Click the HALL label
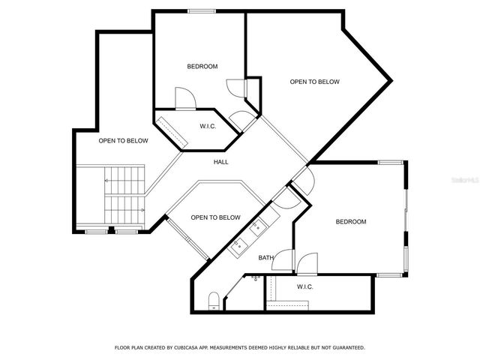click(x=221, y=162)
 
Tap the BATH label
click(x=266, y=258)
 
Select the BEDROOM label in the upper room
click(x=202, y=67)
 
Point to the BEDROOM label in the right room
click(x=350, y=221)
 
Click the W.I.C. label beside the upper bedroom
click(x=208, y=126)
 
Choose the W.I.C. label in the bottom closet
click(x=304, y=286)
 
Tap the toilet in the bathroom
click(x=213, y=301)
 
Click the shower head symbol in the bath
click(x=256, y=279)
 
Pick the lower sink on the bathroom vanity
click(x=239, y=244)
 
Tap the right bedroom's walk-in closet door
click(x=307, y=262)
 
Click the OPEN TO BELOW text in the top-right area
click(x=315, y=82)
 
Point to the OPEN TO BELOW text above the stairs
click(x=123, y=140)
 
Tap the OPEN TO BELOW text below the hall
click(x=215, y=217)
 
